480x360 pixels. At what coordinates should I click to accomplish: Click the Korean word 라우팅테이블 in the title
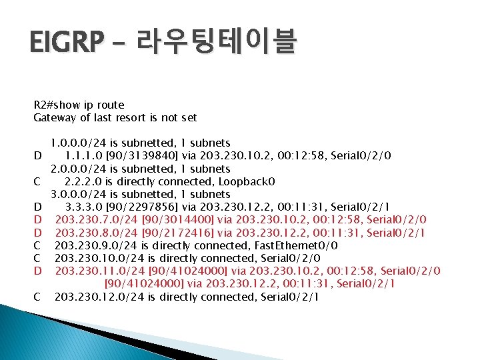(217, 44)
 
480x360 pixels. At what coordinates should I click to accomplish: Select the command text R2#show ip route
(79, 105)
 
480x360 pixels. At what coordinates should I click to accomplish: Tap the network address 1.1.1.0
(84, 156)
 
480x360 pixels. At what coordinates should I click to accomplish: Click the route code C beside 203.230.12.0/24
(38, 297)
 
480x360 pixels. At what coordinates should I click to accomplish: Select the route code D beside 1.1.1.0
(38, 156)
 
